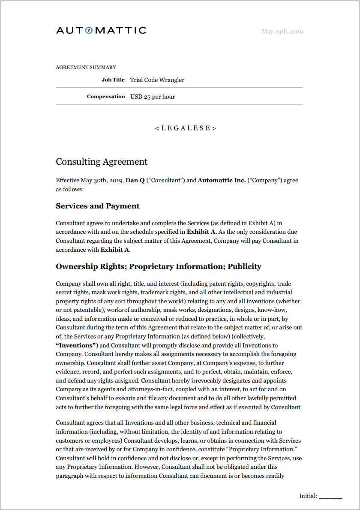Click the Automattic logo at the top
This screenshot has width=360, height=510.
tap(101, 30)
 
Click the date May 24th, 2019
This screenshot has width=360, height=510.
tap(282, 32)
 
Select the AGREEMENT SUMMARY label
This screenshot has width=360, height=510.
tap(86, 67)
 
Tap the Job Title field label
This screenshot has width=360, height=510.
tap(113, 80)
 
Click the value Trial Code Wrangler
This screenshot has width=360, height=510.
tap(157, 80)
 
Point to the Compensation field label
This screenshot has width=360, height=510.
tap(106, 97)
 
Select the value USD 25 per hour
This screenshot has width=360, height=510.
tap(153, 97)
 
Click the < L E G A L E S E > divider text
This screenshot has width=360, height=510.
tap(186, 128)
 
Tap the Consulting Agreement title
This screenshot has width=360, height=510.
tap(102, 162)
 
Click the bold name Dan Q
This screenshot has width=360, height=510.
tap(135, 180)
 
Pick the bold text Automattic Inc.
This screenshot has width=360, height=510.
tap(222, 180)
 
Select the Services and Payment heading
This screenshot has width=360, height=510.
tap(98, 206)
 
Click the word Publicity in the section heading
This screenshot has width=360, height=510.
tap(244, 266)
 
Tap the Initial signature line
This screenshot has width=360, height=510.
tap(330, 497)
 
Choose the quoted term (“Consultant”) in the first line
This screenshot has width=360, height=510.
tap(165, 180)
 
